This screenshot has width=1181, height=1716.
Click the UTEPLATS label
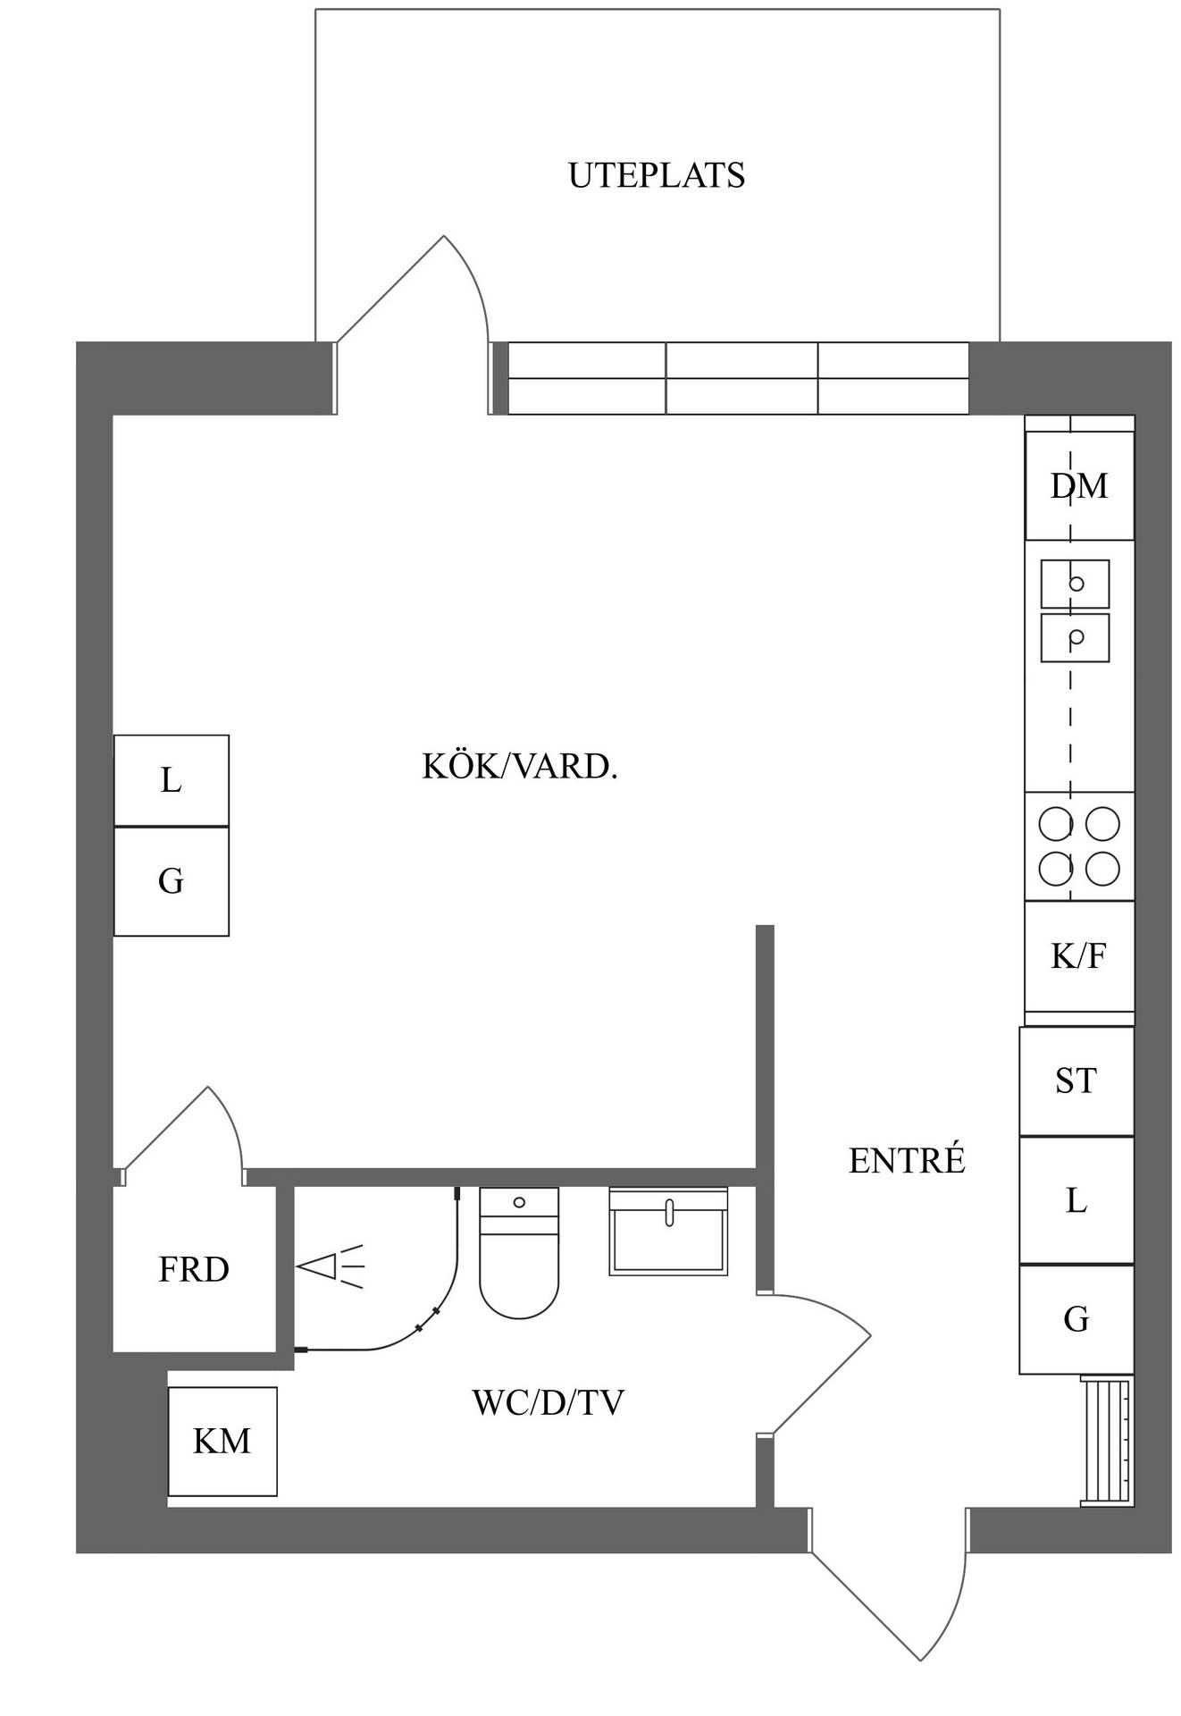[657, 175]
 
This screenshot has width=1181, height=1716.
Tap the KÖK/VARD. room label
[520, 767]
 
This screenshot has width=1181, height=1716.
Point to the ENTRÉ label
[907, 1160]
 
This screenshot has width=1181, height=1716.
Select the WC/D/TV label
[548, 1402]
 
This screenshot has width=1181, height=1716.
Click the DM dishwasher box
[1079, 486]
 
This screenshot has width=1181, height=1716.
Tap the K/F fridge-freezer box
[1079, 956]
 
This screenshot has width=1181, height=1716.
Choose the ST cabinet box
[1076, 1081]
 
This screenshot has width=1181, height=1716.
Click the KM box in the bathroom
[222, 1441]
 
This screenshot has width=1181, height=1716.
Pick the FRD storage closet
[194, 1269]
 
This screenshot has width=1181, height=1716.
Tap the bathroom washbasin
[668, 1231]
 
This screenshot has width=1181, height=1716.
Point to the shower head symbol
[331, 1266]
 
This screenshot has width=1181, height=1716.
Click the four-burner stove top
[1079, 846]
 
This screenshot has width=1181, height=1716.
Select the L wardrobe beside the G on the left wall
[172, 780]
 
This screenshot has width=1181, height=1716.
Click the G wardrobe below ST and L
[1076, 1319]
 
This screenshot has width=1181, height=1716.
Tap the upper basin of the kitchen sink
[1075, 584]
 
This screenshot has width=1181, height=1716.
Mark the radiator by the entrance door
[1106, 1442]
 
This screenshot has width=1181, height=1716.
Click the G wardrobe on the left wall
[172, 881]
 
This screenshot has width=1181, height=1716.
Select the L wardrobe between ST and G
[1076, 1200]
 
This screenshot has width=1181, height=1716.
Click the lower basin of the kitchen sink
[1075, 637]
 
